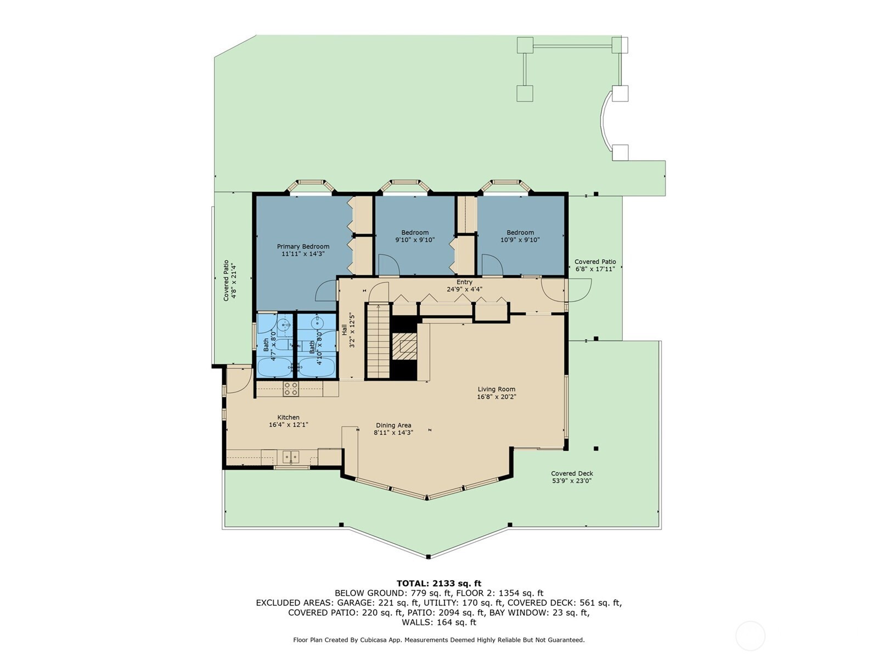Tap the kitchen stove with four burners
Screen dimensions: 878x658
291,389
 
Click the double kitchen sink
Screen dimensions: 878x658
291,456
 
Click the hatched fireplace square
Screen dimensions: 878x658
404,346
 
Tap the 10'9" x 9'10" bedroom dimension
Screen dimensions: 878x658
520,240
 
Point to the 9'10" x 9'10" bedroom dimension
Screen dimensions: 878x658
415,240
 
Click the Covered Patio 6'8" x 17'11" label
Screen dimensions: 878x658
595,265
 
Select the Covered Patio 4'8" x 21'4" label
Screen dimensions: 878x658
230,280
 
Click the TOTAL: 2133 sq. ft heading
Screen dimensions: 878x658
439,583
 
